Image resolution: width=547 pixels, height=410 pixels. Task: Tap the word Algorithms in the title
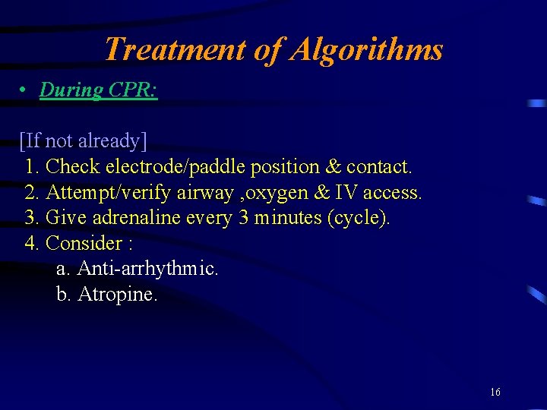[x=367, y=50]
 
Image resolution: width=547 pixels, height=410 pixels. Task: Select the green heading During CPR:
[x=99, y=90]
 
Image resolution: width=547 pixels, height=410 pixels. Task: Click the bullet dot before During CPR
[x=24, y=90]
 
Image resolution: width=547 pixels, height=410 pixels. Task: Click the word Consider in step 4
[x=84, y=244]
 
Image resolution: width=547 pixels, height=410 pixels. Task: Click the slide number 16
[x=495, y=393]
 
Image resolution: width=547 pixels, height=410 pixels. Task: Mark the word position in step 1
[x=292, y=167]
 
